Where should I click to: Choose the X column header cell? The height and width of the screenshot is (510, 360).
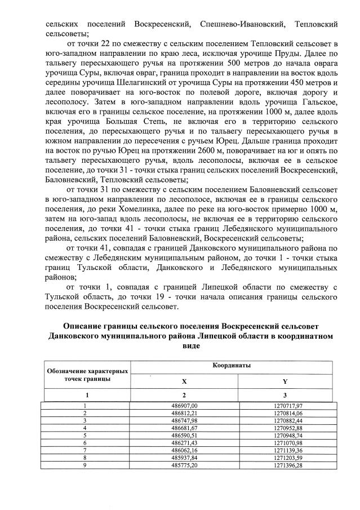[184, 382]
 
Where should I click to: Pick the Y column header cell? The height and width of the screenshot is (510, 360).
[285, 382]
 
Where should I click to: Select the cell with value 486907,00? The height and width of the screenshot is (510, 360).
[184, 405]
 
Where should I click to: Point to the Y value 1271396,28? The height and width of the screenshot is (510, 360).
[285, 466]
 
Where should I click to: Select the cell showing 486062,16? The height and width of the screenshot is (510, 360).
[184, 451]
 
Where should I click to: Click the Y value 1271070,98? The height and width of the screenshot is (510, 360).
[285, 443]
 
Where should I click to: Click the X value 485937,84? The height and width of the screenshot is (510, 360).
[184, 458]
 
